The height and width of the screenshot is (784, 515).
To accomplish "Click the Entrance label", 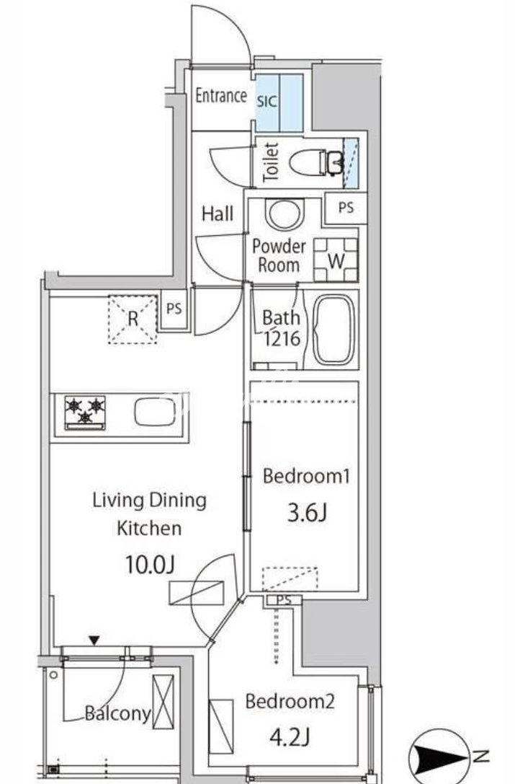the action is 221,95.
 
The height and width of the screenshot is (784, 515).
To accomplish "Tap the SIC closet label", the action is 267,102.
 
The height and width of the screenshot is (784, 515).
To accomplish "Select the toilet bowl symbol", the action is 315,162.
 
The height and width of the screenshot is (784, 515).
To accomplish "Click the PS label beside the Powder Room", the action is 346,207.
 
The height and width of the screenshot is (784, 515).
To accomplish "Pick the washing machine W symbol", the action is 336,260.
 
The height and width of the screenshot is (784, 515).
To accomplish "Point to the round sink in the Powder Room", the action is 285,214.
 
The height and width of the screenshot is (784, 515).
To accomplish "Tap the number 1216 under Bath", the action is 282,339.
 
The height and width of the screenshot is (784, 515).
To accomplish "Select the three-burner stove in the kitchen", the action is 85,413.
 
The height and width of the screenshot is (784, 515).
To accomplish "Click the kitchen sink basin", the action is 156,412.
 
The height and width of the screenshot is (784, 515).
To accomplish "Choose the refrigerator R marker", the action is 133,319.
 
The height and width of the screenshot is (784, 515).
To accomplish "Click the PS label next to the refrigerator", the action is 174,309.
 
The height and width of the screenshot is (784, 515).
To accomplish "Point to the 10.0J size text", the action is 149,565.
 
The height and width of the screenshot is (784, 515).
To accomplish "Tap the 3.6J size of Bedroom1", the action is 307,513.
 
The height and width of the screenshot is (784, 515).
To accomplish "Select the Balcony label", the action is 117,713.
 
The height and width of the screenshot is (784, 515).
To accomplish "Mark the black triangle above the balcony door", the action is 94,640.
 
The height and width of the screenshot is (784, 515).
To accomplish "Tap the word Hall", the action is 218,214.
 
